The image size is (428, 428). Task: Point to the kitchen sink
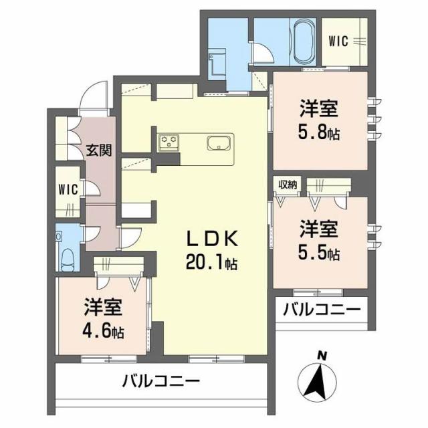click(219, 143)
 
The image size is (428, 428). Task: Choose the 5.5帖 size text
click(318, 253)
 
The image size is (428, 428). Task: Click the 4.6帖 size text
click(104, 330)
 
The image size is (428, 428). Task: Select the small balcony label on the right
click(321, 310)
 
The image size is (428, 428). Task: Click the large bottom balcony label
click(160, 383)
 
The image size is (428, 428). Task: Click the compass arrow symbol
click(316, 382)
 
